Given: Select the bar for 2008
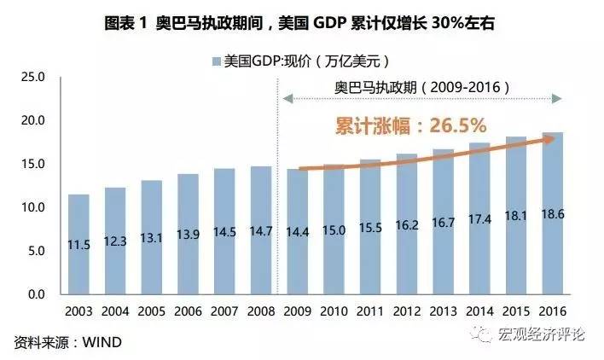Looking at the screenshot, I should tap(261, 230).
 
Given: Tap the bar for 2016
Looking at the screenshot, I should tap(552, 213).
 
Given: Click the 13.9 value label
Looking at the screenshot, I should tap(188, 241).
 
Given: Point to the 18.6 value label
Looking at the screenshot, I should tap(552, 240).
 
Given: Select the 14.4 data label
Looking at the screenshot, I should tap(297, 241).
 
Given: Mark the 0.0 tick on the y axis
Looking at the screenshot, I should tap(36, 294).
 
